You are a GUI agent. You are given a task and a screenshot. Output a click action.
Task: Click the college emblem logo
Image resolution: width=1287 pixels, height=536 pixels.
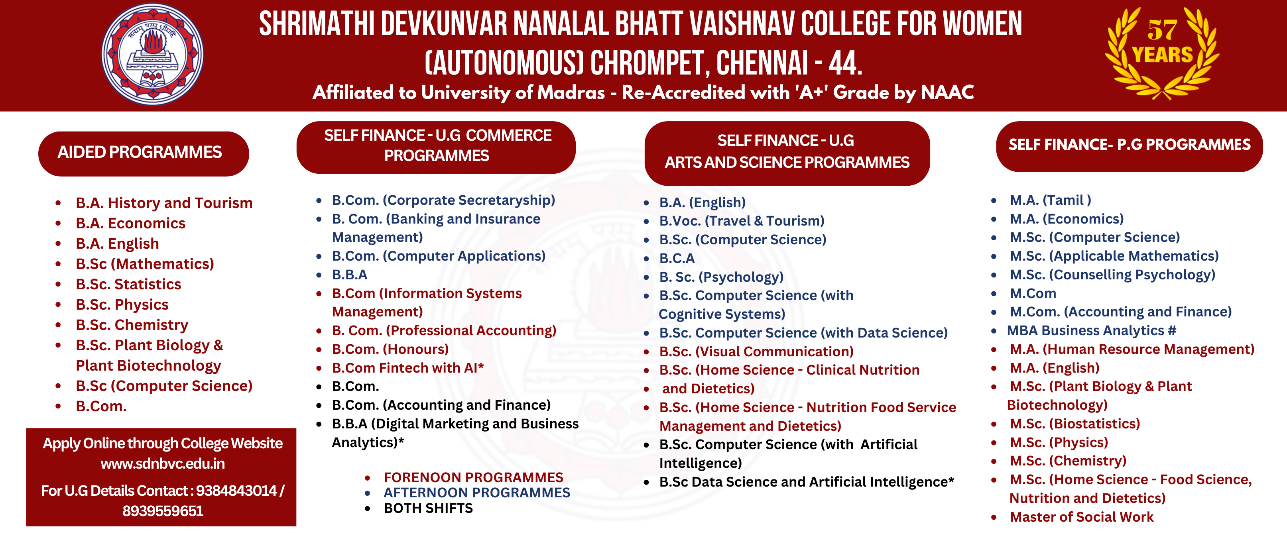click(152, 54)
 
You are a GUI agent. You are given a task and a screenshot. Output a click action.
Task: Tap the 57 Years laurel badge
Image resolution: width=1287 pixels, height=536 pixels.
click(1162, 53)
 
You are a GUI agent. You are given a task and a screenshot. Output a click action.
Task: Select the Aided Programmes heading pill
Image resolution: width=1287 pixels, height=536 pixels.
click(144, 153)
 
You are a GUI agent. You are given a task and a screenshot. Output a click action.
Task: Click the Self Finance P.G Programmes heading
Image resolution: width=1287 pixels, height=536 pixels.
click(1129, 146)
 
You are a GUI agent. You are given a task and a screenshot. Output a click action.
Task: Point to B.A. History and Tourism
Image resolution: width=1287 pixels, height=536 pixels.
click(164, 203)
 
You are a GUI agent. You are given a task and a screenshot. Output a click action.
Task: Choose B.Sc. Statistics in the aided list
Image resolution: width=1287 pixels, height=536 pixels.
click(128, 284)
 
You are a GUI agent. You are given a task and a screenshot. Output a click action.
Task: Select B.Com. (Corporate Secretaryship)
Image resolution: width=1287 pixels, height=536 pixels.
click(443, 200)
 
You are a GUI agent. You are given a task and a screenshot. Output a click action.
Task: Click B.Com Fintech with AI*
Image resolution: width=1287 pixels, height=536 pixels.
click(408, 368)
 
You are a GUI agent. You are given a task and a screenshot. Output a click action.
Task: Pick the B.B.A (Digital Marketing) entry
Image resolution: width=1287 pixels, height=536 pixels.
click(455, 424)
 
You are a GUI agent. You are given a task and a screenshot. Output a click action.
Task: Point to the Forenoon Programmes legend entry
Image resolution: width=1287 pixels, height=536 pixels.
click(473, 477)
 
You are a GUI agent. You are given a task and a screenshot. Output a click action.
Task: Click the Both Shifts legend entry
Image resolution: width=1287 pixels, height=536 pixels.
click(428, 509)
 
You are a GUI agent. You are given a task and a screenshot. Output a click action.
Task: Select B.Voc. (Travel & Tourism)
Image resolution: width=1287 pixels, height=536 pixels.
click(742, 221)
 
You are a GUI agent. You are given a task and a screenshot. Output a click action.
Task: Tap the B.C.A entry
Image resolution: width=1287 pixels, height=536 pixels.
click(677, 259)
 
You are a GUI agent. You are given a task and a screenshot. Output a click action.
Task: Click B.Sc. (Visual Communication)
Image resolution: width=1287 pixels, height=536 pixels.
click(756, 351)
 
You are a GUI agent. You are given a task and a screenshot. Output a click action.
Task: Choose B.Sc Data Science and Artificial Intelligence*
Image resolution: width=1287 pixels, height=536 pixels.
click(807, 482)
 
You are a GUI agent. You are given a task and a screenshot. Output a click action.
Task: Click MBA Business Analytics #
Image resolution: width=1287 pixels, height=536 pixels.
click(1091, 331)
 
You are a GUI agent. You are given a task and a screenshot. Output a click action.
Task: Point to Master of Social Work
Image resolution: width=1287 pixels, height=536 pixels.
click(1082, 517)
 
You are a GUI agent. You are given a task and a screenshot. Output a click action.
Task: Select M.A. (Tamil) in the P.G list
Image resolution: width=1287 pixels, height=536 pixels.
click(1050, 200)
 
